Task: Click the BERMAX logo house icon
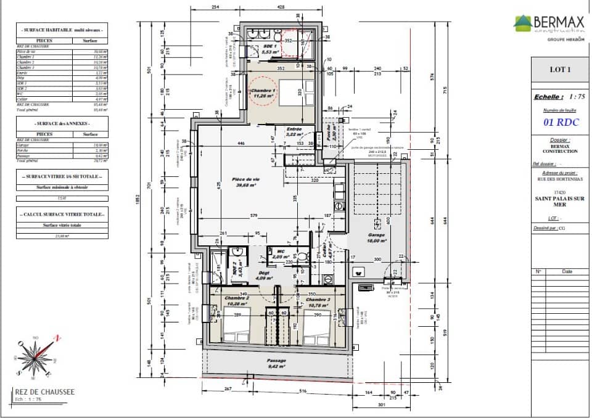point(523,23)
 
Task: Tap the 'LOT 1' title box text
point(560,70)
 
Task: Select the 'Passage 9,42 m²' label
point(276,363)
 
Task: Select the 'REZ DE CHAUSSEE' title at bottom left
point(45,391)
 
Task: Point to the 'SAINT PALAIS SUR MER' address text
point(560,202)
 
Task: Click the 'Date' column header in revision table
point(567,271)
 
